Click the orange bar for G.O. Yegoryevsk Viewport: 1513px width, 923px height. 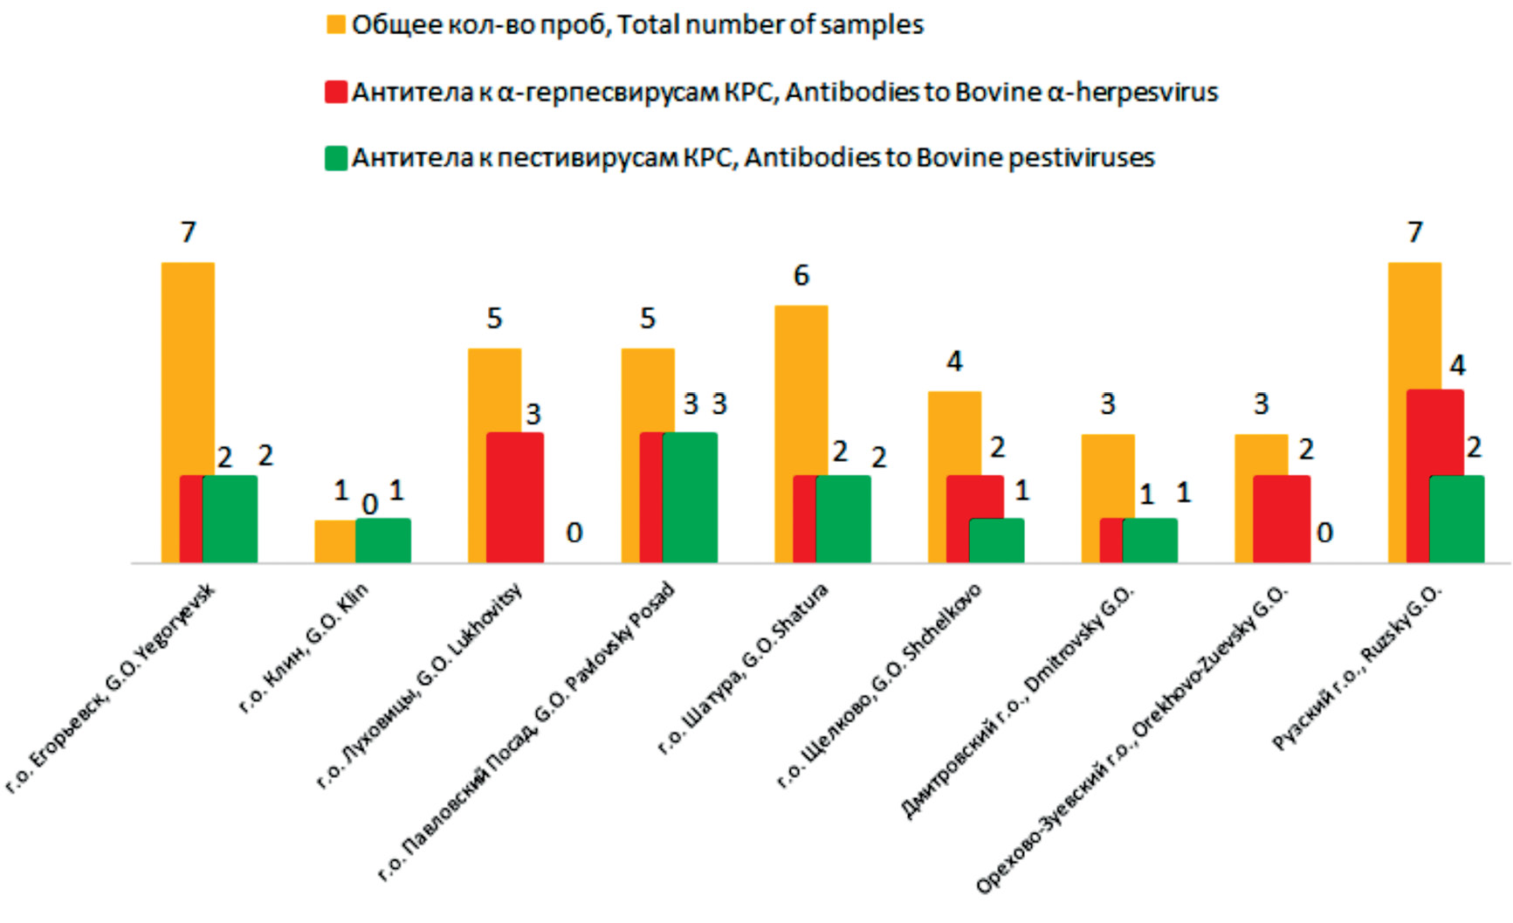click(188, 367)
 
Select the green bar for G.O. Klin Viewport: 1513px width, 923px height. click(382, 541)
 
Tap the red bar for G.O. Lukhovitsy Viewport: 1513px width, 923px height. click(514, 497)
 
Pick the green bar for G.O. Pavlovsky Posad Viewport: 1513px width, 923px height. click(690, 497)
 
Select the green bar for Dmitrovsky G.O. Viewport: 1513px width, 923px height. click(1149, 541)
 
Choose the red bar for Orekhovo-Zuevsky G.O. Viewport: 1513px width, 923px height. click(1281, 519)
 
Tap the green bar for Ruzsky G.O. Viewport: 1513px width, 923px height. click(1456, 519)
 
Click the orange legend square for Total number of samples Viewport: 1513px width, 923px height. click(336, 24)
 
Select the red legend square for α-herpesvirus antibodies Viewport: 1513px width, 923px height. click(336, 92)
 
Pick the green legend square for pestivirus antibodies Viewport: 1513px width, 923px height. click(336, 158)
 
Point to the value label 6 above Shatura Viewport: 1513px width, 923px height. click(801, 276)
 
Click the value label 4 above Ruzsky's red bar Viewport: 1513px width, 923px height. click(1456, 365)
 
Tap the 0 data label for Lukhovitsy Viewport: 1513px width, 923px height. click(574, 533)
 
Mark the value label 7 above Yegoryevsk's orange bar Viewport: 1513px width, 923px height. click(188, 232)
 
